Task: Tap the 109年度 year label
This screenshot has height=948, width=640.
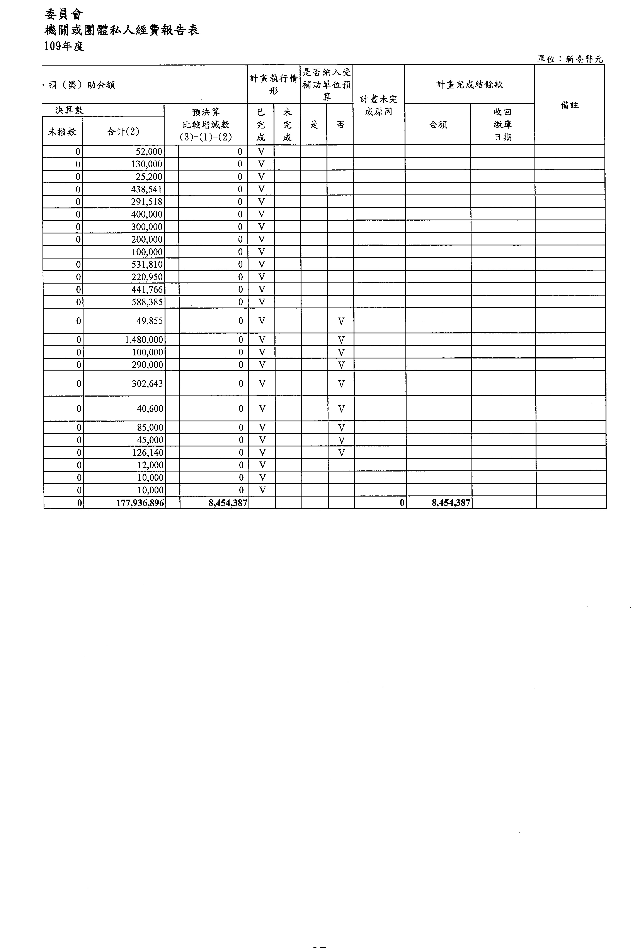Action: (x=64, y=46)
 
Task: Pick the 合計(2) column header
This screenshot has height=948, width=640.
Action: (x=123, y=131)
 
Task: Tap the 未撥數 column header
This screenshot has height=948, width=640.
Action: (x=62, y=131)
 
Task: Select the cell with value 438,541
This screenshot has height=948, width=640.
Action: (x=146, y=189)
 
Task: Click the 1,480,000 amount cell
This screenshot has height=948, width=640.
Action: (x=144, y=340)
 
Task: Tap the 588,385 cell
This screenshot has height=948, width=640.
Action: (x=146, y=302)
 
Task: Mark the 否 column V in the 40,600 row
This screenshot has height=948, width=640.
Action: (x=341, y=409)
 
